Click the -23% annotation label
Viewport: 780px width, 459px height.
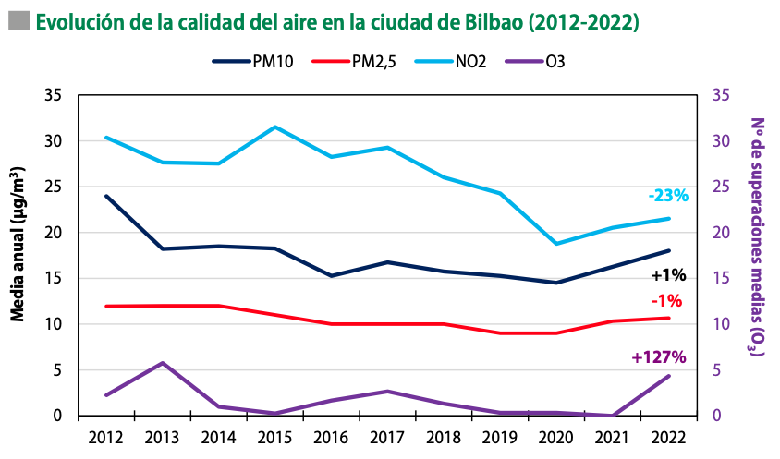[668, 196]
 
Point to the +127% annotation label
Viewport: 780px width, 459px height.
[658, 357]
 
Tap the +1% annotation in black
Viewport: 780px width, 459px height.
[666, 275]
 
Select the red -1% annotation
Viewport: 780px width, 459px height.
[666, 300]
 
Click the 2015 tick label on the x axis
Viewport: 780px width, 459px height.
[274, 437]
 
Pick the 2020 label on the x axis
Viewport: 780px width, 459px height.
[555, 437]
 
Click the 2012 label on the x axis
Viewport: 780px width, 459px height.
[106, 437]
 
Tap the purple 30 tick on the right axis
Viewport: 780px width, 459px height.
[722, 141]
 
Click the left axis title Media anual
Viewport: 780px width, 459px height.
[18, 244]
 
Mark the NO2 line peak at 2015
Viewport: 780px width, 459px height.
[274, 127]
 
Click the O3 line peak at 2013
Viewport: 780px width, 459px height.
[163, 363]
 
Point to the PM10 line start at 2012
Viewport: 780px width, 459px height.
[106, 196]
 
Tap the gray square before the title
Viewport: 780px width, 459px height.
[18, 20]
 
